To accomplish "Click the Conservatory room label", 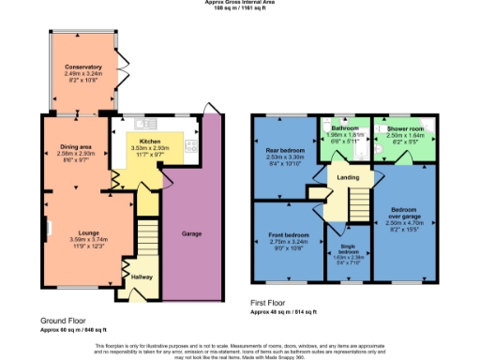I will pos(82,67).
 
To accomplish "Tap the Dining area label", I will pos(76,147).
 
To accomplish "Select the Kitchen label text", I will pos(148,137).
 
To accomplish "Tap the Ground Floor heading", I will pos(62,320).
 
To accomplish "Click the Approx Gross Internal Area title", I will pos(240,3).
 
